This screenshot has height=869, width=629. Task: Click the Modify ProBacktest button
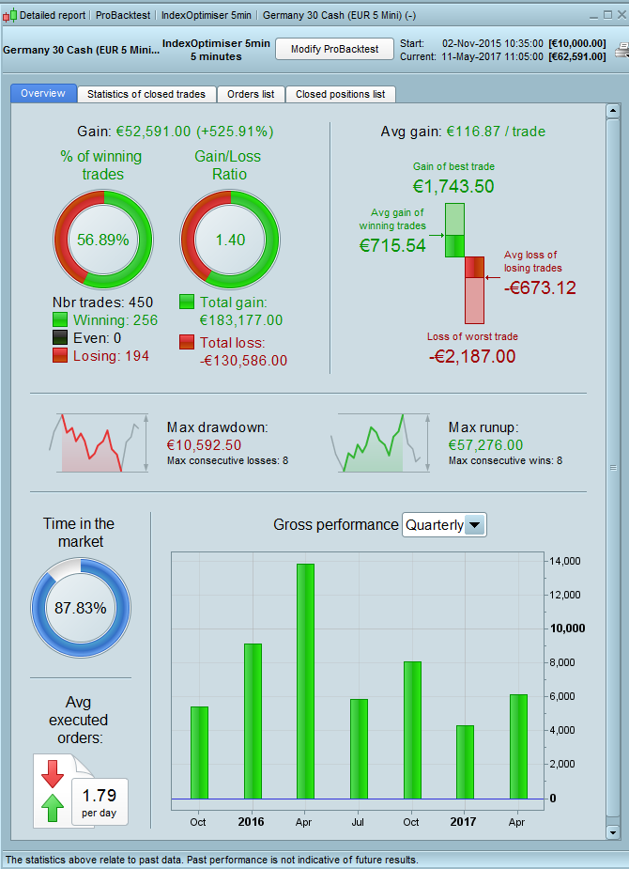(333, 50)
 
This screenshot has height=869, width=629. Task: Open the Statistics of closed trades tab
(146, 94)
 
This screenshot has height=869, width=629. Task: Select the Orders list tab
(251, 94)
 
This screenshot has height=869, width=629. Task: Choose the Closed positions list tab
(340, 94)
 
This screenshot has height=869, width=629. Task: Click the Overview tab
(43, 94)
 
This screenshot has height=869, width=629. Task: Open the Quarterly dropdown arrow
(475, 525)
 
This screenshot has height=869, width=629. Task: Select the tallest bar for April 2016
(305, 680)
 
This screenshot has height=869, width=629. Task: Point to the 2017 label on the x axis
(463, 822)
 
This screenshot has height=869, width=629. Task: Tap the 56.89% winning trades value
(102, 240)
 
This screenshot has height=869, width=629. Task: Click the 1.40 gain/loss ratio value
(229, 240)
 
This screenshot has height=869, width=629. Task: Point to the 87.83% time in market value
(80, 608)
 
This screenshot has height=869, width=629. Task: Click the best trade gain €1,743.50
(453, 186)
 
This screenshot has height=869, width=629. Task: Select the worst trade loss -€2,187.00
(472, 356)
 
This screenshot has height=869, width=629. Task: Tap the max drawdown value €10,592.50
(204, 444)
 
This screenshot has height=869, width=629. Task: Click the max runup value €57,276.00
(485, 444)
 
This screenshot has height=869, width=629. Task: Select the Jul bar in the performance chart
(359, 748)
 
